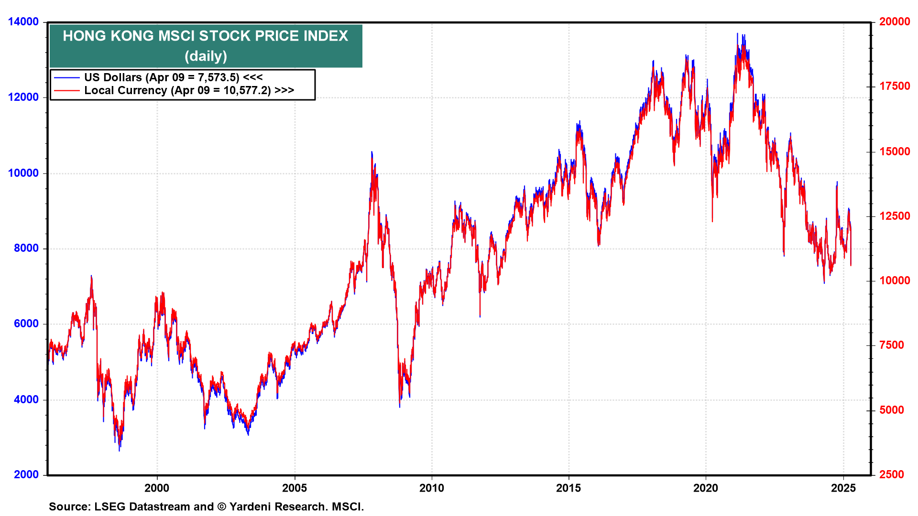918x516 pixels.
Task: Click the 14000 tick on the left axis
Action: tap(23, 22)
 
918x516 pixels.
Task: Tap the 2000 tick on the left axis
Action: tap(26, 475)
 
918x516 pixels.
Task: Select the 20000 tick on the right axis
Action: tap(894, 22)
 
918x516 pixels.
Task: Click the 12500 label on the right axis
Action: tap(894, 216)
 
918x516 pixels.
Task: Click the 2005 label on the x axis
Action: tap(295, 488)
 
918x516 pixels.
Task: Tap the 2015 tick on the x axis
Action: tap(568, 488)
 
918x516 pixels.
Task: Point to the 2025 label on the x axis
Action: tap(843, 488)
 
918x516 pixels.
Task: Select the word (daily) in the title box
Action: tap(206, 56)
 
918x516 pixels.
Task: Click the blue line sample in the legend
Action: tap(66, 77)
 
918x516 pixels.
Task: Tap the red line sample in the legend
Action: tap(66, 90)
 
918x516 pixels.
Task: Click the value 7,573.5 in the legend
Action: tap(218, 77)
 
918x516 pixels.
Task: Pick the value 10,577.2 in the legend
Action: tap(247, 90)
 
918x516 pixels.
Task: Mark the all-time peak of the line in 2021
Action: tap(737, 33)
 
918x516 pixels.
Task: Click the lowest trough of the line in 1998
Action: tap(119, 450)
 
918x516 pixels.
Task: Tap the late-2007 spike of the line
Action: tap(372, 152)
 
